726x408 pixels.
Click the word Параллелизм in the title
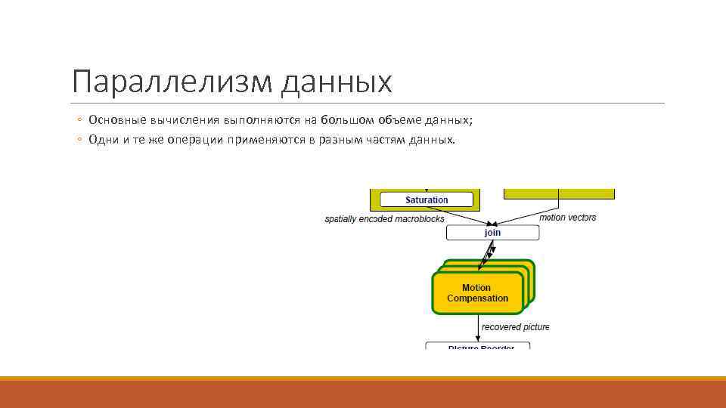click(x=172, y=82)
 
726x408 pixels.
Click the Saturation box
click(x=427, y=200)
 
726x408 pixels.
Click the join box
click(x=492, y=233)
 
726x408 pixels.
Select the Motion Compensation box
click(x=477, y=293)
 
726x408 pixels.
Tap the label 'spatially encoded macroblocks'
click(x=384, y=219)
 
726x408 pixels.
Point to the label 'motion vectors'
click(x=567, y=218)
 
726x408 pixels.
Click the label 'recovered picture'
click(x=515, y=327)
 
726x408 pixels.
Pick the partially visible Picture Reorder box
click(x=481, y=346)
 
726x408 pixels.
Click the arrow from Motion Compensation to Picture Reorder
click(x=477, y=328)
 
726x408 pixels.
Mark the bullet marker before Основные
click(x=79, y=120)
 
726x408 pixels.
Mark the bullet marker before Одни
click(x=79, y=140)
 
